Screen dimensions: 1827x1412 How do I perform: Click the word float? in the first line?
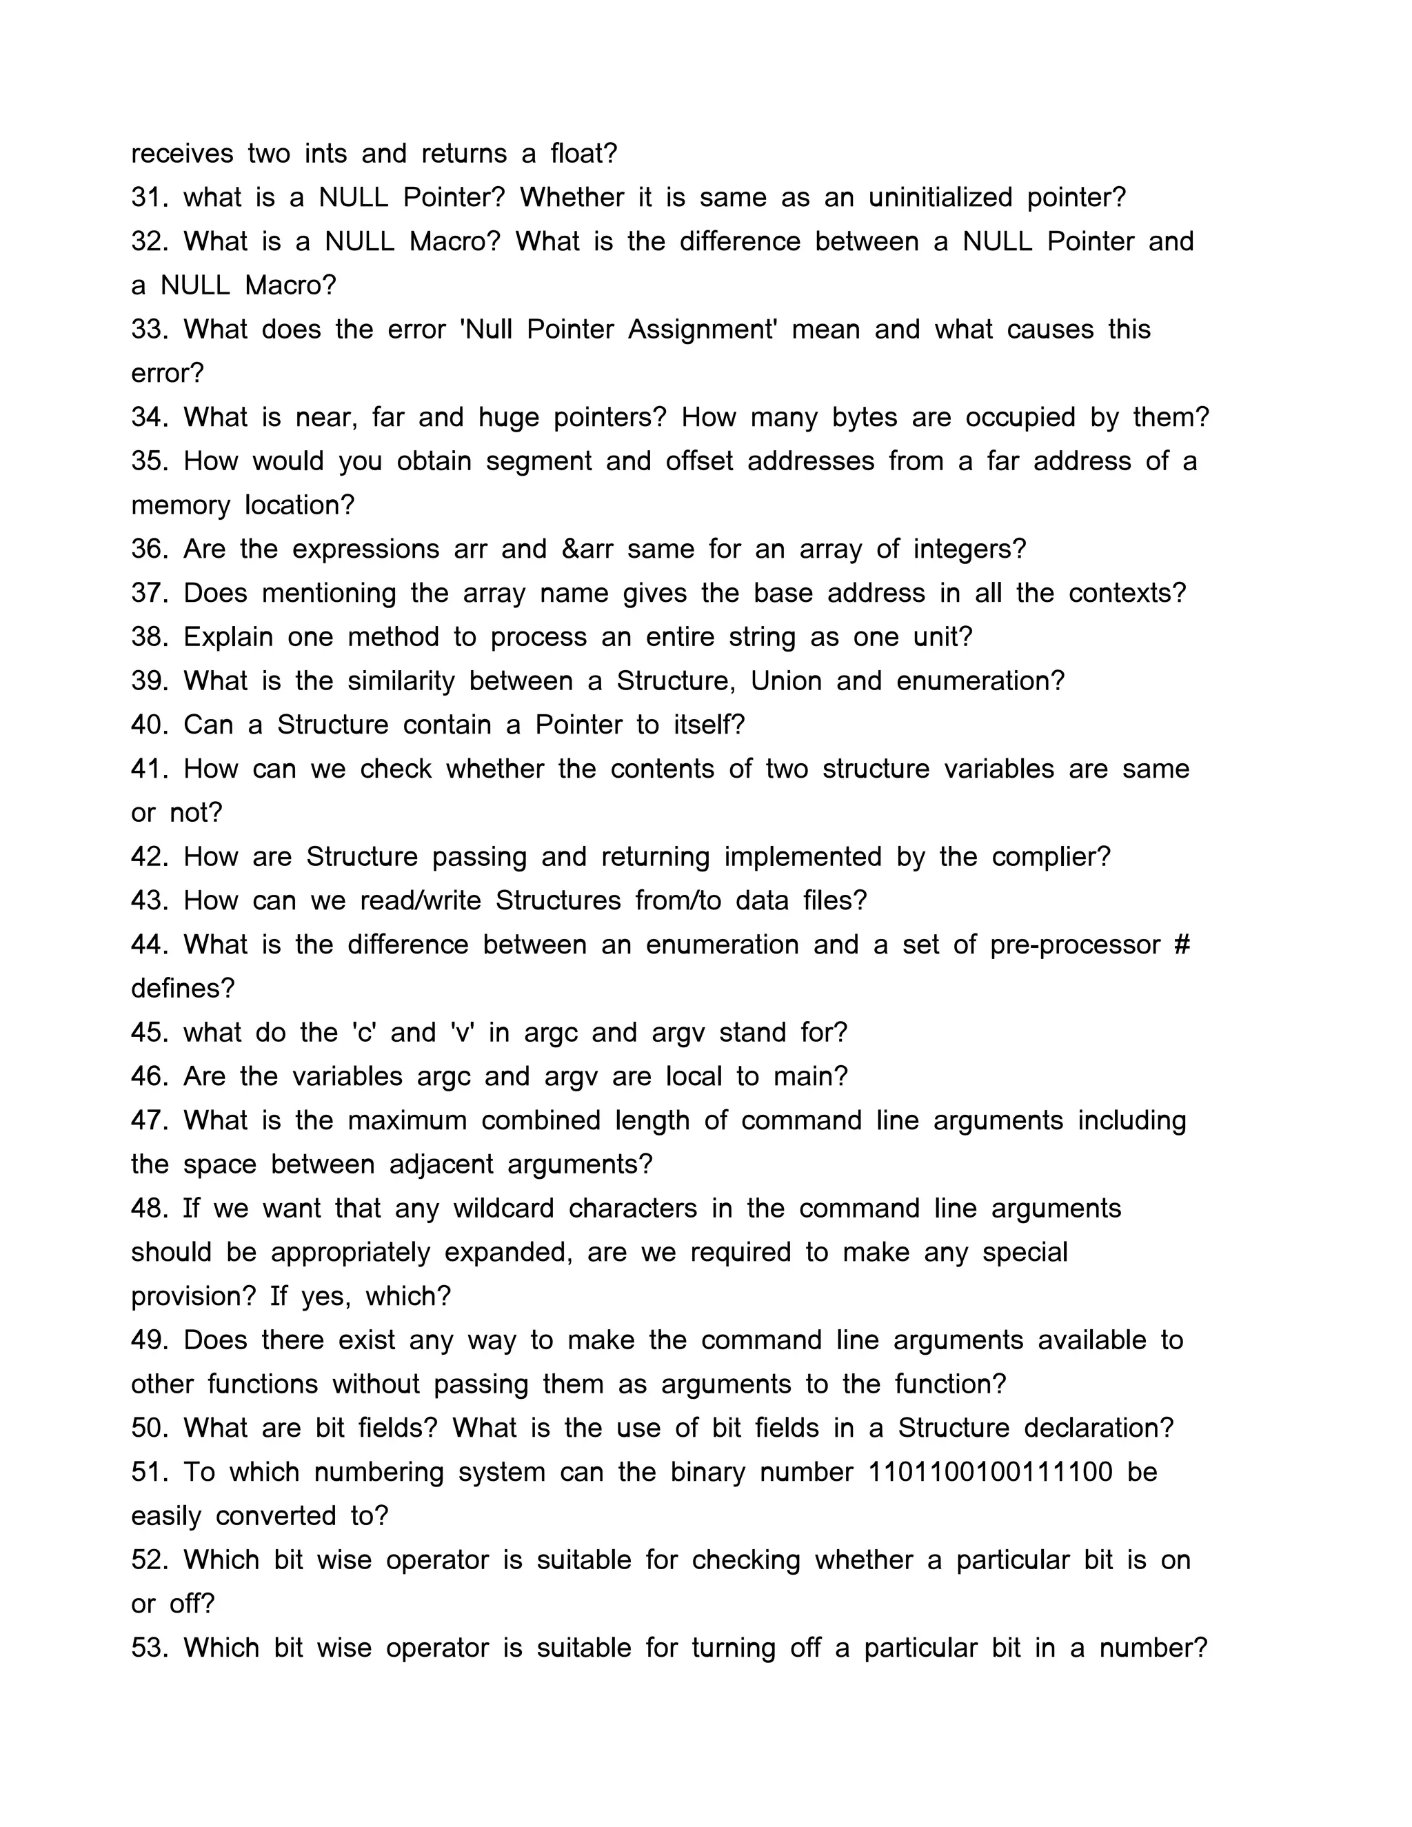pos(583,154)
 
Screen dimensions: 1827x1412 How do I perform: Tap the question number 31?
pos(150,199)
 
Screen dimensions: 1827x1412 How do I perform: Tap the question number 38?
pos(150,638)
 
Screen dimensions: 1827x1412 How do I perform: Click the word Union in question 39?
pos(786,681)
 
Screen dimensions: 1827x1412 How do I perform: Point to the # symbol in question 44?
pos(1181,945)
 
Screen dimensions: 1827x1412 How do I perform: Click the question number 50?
pos(150,1428)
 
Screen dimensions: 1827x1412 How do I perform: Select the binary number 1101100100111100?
pos(991,1473)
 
